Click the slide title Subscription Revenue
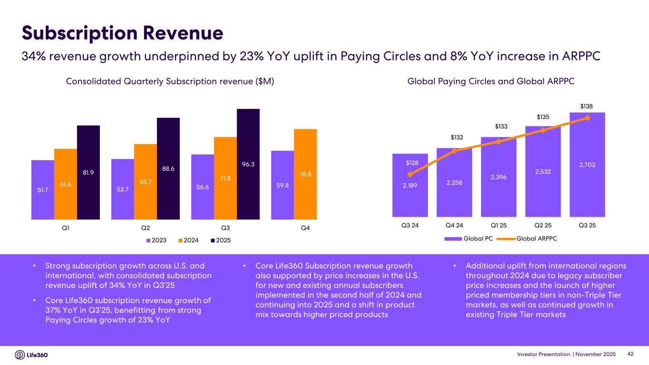coord(123,33)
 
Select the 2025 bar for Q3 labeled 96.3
coord(248,164)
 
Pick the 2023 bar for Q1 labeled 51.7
coord(43,190)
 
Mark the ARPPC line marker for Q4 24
coord(454,151)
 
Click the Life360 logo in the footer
coord(32,355)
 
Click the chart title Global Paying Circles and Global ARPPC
coord(491,82)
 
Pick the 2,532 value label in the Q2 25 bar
coord(543,171)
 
